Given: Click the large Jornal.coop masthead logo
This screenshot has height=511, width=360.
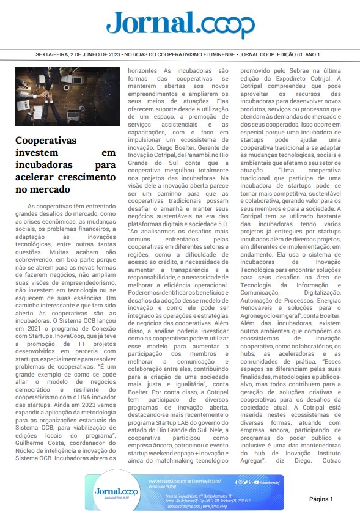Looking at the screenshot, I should pyautogui.click(x=180, y=24).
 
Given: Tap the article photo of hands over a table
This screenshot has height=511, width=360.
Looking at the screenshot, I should pyautogui.click(x=67, y=97).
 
